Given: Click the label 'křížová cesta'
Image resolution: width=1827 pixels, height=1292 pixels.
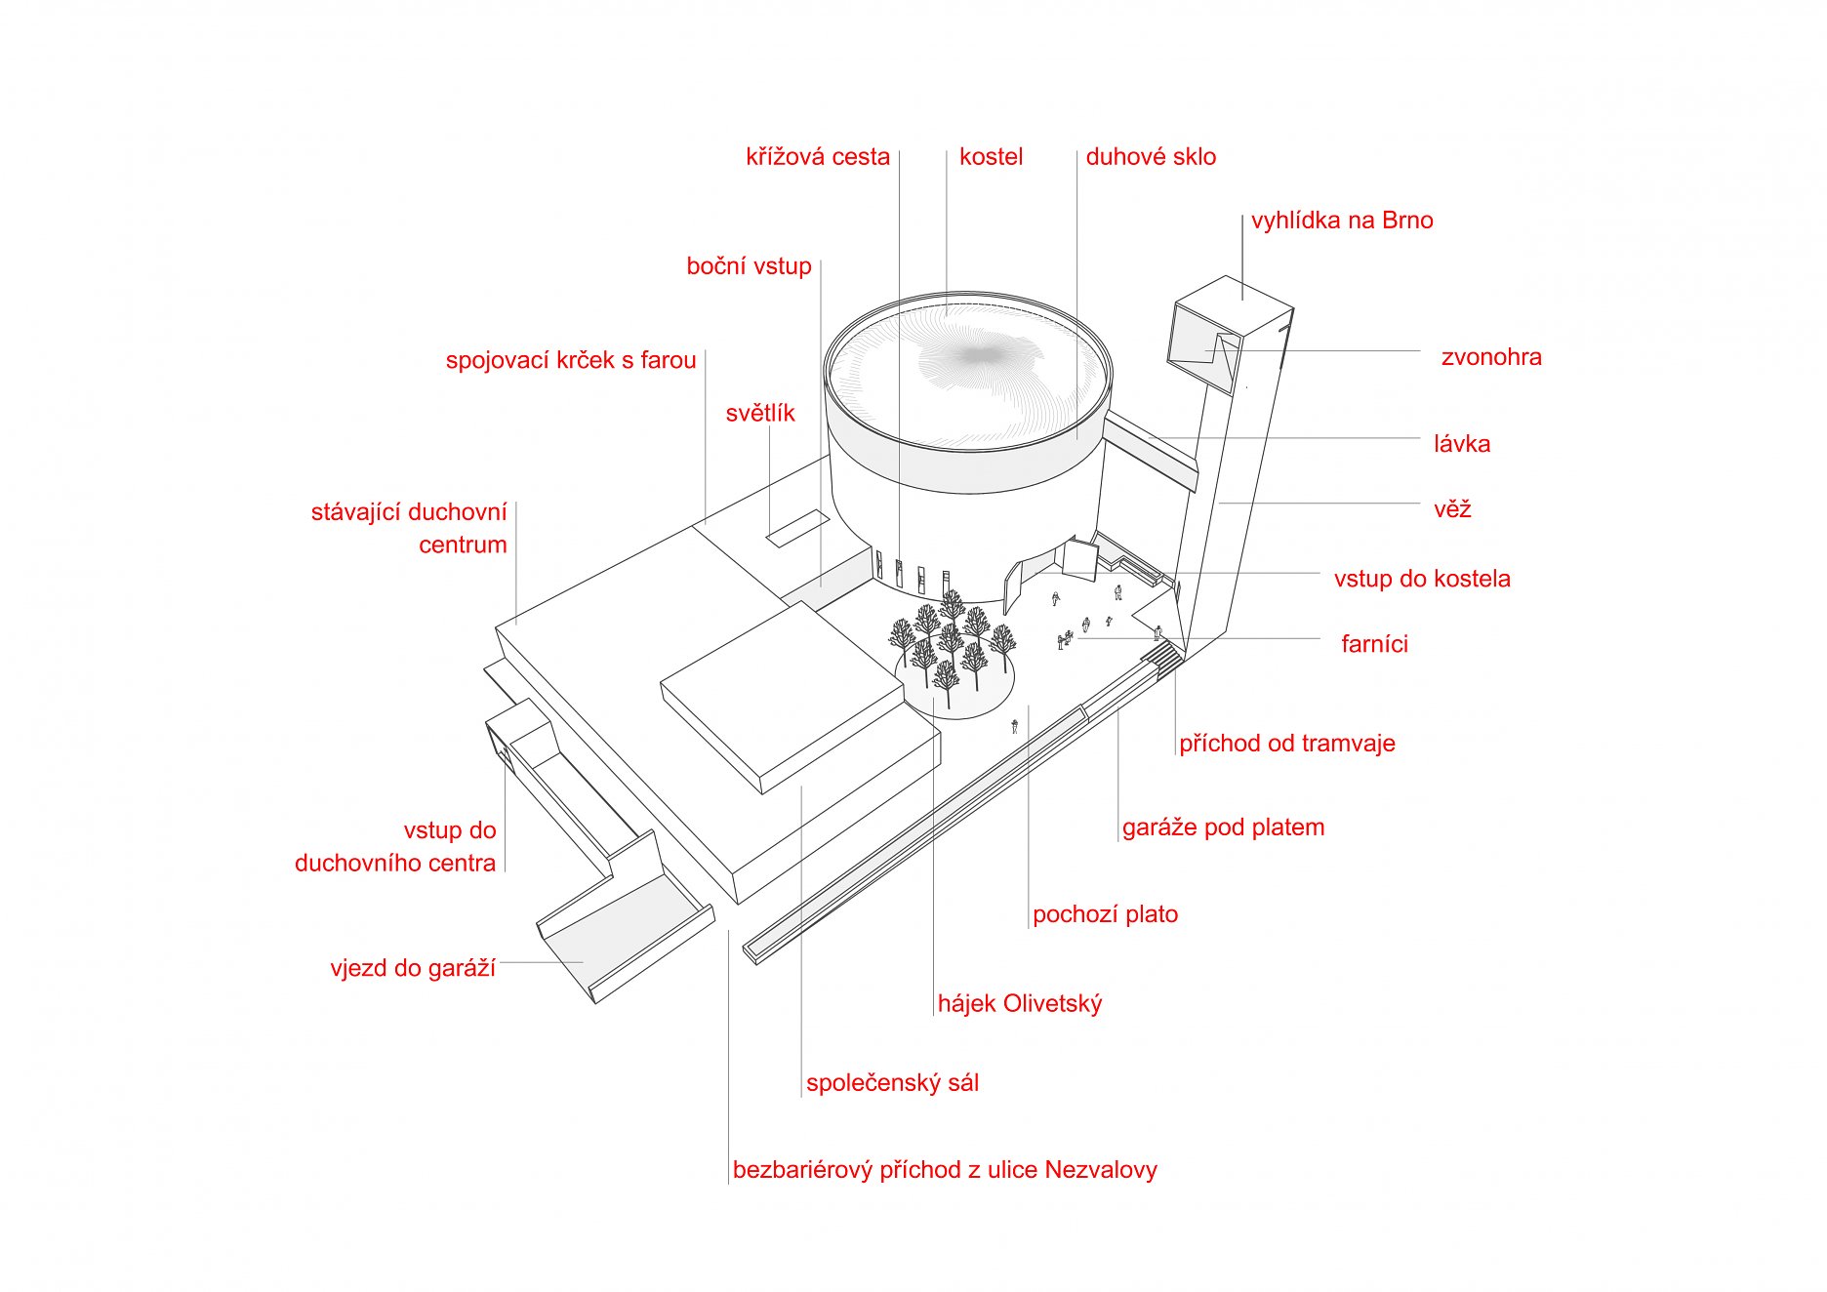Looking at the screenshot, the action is [818, 157].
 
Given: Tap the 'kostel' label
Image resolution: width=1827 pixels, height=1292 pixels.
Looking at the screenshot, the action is [991, 157].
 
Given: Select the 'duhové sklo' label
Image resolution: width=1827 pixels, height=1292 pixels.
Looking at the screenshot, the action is [1151, 157].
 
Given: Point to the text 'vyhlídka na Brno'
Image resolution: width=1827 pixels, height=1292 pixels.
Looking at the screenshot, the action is [1342, 221].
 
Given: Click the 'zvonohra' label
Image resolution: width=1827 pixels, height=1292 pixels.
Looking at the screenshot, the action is [1491, 357].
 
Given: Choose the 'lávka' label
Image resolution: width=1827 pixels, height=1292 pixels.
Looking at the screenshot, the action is [1462, 444].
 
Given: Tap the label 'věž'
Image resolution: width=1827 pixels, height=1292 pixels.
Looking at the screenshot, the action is [1452, 508].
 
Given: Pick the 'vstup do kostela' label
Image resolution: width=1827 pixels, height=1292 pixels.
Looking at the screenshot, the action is [1422, 579].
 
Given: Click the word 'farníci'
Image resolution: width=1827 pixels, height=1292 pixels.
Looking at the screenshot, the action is [1374, 644].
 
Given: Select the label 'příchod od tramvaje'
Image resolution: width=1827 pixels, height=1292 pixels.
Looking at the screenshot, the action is [1287, 744].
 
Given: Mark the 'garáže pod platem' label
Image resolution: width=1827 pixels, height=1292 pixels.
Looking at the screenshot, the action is [1224, 828].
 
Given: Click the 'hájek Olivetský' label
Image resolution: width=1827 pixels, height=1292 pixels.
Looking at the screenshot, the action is [1020, 1003].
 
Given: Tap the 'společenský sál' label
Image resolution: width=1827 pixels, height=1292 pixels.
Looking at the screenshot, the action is [893, 1083].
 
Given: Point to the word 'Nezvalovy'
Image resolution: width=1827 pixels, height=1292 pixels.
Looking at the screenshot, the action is [1101, 1170].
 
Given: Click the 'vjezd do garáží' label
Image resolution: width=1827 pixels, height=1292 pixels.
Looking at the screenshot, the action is [413, 968].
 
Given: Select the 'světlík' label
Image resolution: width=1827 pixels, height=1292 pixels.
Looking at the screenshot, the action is [760, 414].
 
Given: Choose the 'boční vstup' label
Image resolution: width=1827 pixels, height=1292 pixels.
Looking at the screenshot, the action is [750, 266].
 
